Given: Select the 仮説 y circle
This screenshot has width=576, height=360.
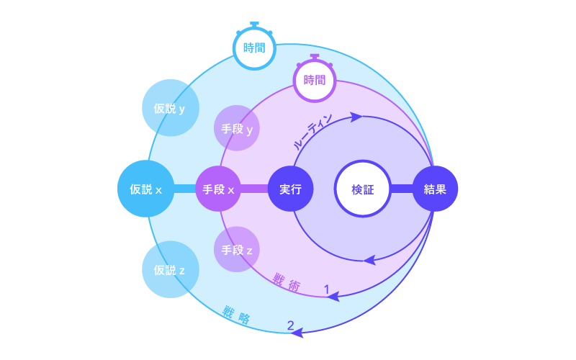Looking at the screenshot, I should (x=170, y=109).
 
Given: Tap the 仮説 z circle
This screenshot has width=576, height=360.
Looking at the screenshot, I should (x=170, y=270).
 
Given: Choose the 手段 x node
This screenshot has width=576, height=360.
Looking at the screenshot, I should (x=218, y=189).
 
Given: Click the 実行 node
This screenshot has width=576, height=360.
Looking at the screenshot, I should (x=290, y=189).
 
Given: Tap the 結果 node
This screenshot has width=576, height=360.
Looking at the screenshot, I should (x=435, y=189).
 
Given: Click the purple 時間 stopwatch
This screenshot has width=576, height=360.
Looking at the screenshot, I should (x=315, y=80).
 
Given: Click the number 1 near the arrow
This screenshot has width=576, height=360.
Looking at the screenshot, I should (x=326, y=289).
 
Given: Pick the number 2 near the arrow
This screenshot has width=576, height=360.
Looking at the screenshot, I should (x=290, y=325).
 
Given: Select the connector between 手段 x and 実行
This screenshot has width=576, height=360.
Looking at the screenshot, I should (x=254, y=189).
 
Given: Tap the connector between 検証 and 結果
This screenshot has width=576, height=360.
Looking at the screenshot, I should (x=401, y=189).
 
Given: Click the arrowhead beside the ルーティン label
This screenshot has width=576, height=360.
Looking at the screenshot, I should (x=355, y=116).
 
